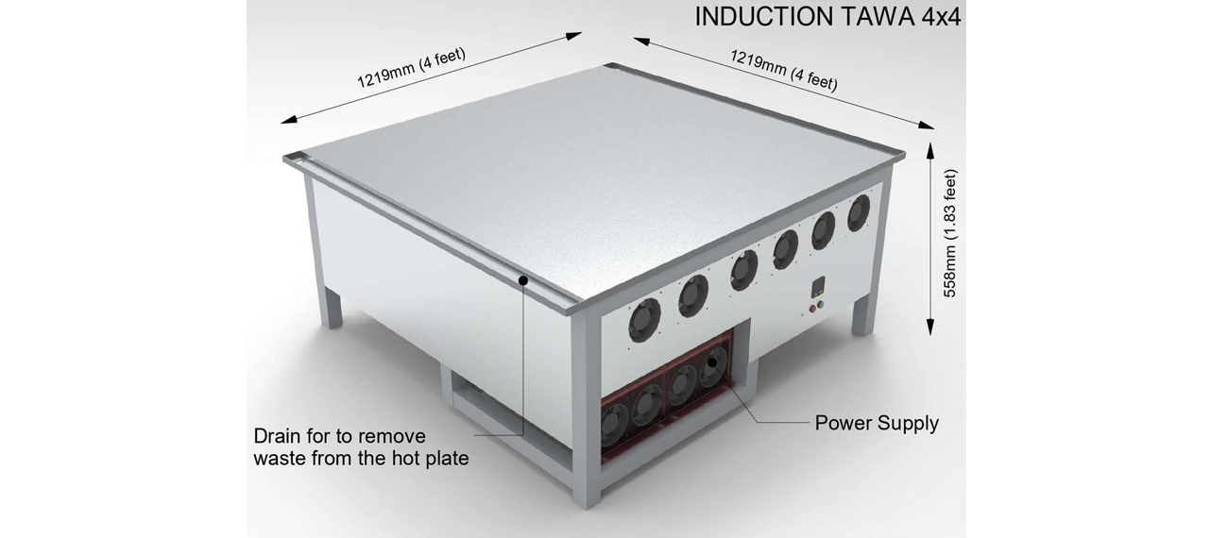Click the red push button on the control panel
click(812, 310)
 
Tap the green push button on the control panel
click(821, 305)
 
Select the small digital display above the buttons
click(819, 286)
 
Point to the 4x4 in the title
click(941, 17)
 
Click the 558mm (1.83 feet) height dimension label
click(950, 233)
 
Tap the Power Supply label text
click(877, 423)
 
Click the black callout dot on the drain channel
click(522, 280)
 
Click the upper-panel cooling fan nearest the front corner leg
click(644, 320)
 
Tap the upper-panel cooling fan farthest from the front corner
click(859, 212)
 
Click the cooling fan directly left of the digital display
click(786, 249)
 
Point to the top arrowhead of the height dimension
click(930, 150)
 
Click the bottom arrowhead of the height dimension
click(930, 327)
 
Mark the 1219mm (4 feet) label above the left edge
click(412, 68)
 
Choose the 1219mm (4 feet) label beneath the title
click(784, 70)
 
